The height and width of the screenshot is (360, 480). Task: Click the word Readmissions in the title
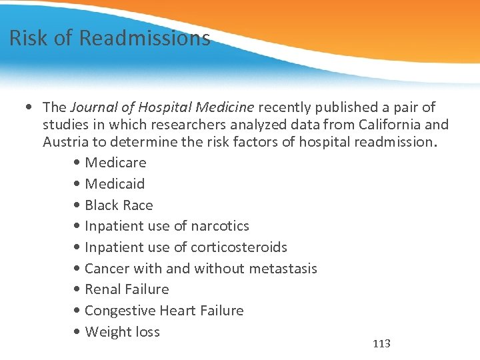click(145, 38)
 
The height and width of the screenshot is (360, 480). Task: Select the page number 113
click(381, 344)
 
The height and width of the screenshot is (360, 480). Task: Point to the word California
click(389, 124)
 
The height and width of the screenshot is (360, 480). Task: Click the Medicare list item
click(115, 163)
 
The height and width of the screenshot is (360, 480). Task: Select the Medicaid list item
click(115, 183)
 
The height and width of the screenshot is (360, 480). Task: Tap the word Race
click(138, 205)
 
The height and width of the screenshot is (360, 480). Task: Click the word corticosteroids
click(239, 247)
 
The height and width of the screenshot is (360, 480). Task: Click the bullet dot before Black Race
click(79, 206)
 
